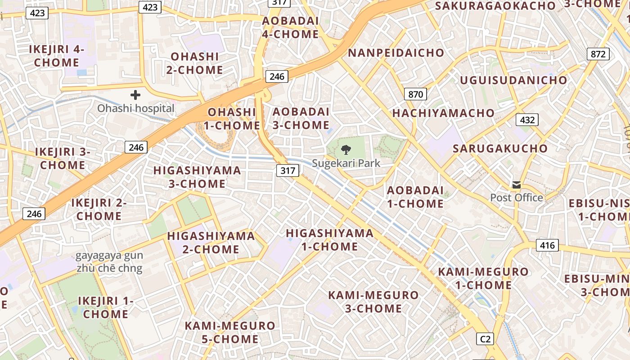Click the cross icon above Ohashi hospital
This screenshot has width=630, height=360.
point(135,95)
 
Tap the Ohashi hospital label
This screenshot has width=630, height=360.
point(135,108)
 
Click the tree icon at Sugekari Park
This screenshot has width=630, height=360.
point(346,150)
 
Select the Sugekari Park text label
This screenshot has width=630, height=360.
point(346,163)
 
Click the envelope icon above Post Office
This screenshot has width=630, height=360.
point(516,184)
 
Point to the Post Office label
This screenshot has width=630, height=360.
point(516,198)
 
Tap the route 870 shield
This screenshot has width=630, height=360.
point(415,94)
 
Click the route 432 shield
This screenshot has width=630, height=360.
point(527,120)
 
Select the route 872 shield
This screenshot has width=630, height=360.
point(598,54)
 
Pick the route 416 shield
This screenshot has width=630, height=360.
point(547,245)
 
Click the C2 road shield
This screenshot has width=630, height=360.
point(485,339)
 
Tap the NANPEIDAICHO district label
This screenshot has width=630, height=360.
point(396,53)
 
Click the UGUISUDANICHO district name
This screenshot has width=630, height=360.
point(513,80)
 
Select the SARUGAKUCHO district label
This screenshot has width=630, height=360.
point(500,148)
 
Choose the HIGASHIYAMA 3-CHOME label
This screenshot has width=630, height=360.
point(197,177)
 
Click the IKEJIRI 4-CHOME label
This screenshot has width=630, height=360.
point(57,56)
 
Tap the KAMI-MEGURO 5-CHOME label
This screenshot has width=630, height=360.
point(230,332)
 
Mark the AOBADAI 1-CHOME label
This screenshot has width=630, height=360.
point(415,197)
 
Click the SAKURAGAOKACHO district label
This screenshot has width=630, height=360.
point(495,6)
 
